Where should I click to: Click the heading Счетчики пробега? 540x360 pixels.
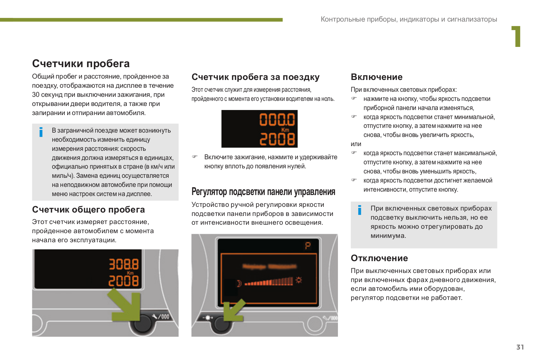pyautogui.click(x=81, y=63)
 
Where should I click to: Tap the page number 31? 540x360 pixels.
pyautogui.click(x=520, y=347)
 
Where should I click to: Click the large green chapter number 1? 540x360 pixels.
pyautogui.click(x=516, y=36)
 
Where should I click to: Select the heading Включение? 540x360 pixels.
pyautogui.click(x=376, y=77)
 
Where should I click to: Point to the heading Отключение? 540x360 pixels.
pyautogui.click(x=379, y=258)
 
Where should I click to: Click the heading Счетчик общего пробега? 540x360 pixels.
pyautogui.click(x=88, y=210)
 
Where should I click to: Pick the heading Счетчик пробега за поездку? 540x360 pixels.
pyautogui.click(x=255, y=77)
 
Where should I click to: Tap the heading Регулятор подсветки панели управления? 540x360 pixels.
pyautogui.click(x=263, y=192)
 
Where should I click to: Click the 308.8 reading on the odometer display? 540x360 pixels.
pyautogui.click(x=123, y=264)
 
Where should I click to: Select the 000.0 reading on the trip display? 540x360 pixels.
pyautogui.click(x=277, y=119)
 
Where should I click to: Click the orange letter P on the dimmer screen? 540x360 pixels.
pyautogui.click(x=308, y=246)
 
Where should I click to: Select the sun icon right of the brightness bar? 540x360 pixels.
pyautogui.click(x=299, y=280)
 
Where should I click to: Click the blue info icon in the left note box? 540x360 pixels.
pyautogui.click(x=41, y=132)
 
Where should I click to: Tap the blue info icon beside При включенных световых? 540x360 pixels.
pyautogui.click(x=360, y=210)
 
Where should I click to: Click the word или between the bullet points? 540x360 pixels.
pyautogui.click(x=356, y=144)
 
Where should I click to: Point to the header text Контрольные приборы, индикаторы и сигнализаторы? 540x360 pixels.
pyautogui.click(x=409, y=19)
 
